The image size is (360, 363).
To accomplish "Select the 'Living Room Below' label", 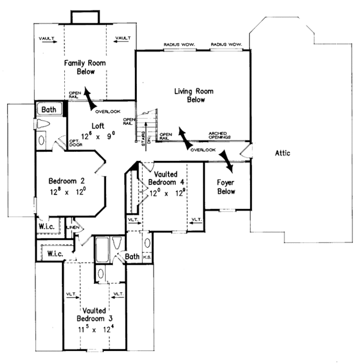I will click(194, 96).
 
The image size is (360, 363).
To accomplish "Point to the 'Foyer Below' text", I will click(226, 187).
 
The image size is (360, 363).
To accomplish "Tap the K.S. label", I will click(148, 257).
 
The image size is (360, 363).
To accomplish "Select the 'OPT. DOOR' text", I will click(75, 140).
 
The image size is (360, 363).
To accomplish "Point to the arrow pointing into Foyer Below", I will click(226, 159).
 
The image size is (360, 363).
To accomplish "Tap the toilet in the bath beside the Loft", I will click(43, 124).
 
